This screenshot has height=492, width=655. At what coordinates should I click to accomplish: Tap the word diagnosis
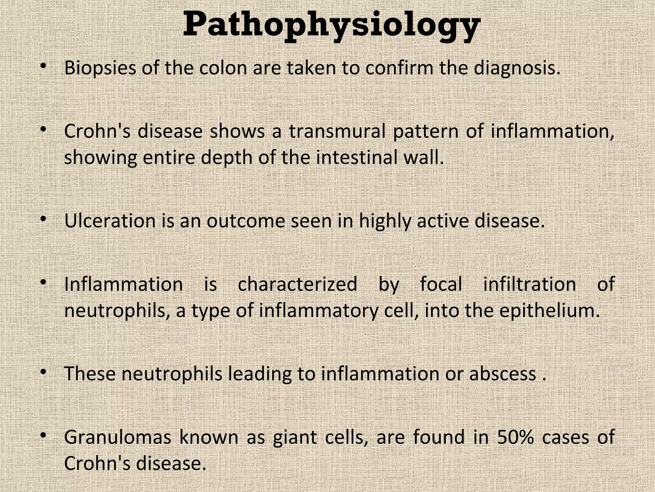(517, 68)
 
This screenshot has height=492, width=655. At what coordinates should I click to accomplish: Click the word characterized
(297, 284)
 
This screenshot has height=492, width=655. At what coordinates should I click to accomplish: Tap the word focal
(441, 284)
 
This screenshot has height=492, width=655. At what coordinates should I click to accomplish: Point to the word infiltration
(530, 284)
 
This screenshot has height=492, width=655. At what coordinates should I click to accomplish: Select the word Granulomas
(118, 438)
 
